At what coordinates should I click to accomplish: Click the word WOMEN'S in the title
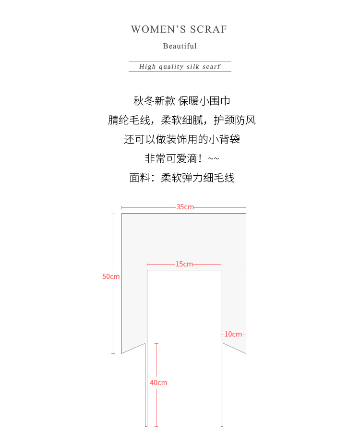click(x=152, y=29)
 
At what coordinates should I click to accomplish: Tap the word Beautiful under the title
click(x=180, y=46)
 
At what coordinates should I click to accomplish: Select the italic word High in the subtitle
click(x=147, y=66)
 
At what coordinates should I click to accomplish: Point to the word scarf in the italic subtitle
click(x=211, y=66)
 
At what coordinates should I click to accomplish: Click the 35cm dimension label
click(x=185, y=207)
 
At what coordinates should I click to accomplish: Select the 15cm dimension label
click(x=184, y=264)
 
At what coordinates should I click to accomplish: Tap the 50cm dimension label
click(x=111, y=277)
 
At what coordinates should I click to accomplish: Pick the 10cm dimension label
click(x=233, y=334)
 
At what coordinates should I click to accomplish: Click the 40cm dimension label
click(x=158, y=383)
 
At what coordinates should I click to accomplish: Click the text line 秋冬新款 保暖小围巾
click(x=182, y=101)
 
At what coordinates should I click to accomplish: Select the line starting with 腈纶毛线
click(x=182, y=120)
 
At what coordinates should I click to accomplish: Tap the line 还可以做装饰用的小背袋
click(x=182, y=139)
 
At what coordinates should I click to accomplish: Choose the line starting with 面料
click(x=182, y=178)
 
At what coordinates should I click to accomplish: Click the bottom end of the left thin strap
click(x=146, y=425)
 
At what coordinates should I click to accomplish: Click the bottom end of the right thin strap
click(x=222, y=425)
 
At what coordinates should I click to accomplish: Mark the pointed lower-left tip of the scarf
click(x=122, y=353)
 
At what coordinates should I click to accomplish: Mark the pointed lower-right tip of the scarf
click(x=246, y=353)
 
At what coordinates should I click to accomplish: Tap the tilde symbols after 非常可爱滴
click(x=214, y=159)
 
